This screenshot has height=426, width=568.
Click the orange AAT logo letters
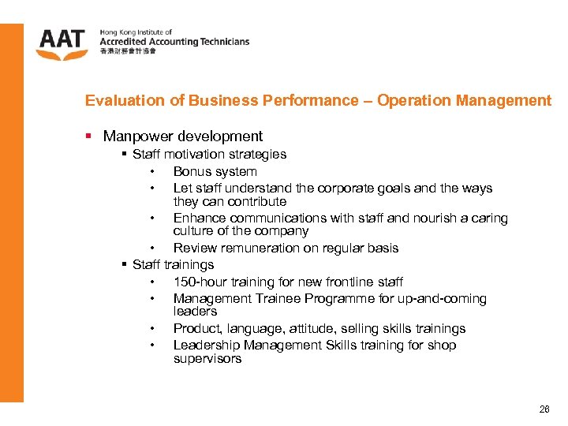pos(62,41)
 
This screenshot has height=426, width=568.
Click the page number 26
pos(544,409)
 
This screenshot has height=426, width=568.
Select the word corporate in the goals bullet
pos(347,189)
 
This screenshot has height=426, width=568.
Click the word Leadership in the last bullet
pos(207,346)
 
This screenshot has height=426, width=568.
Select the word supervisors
pos(207,359)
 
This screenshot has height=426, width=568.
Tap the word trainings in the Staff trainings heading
pos(189,265)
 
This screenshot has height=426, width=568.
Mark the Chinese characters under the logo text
pos(128,51)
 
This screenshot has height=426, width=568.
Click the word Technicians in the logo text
pos(223,41)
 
